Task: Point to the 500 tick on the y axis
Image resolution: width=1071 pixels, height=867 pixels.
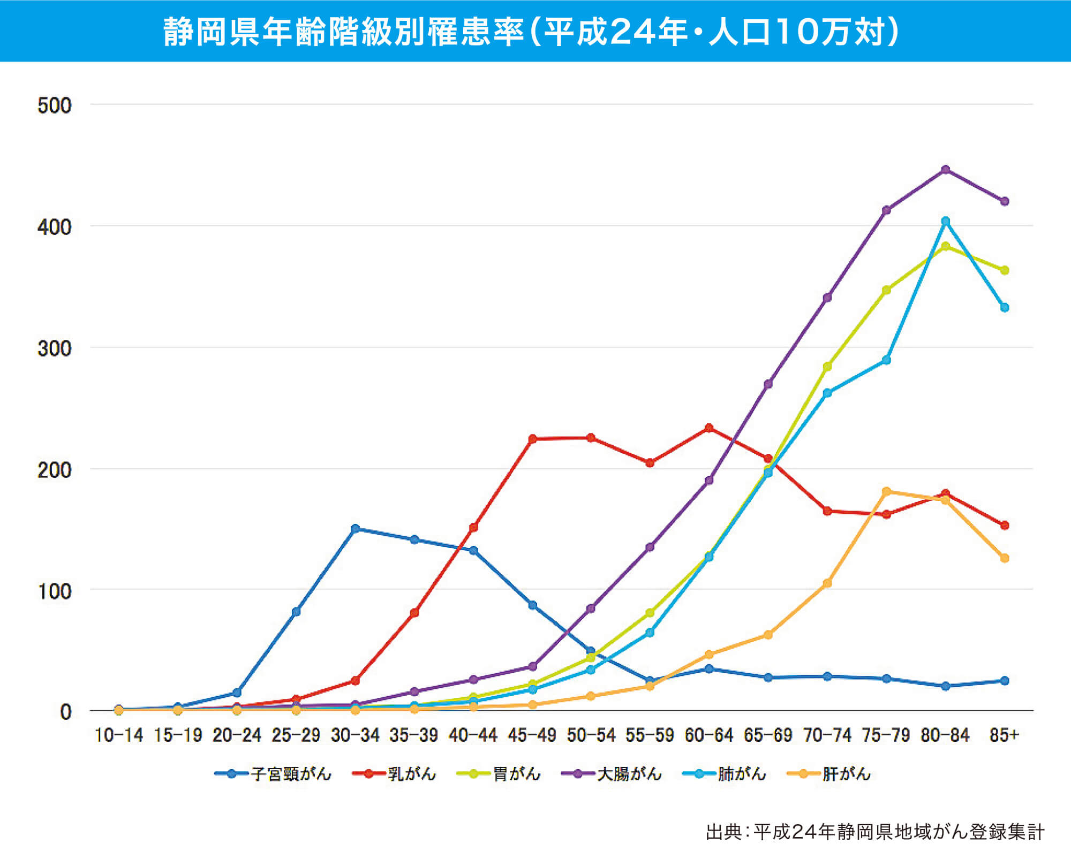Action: (54, 105)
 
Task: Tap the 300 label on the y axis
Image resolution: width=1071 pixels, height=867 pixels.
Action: (54, 348)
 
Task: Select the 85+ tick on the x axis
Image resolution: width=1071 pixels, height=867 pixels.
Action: (1004, 735)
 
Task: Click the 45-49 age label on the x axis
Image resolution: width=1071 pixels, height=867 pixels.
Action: (532, 735)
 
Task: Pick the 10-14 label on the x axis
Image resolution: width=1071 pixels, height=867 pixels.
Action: (119, 735)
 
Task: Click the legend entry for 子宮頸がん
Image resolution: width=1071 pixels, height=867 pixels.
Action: (273, 774)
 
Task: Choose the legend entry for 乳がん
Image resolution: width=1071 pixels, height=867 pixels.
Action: (394, 774)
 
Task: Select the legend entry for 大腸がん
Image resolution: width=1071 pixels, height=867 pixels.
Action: (612, 774)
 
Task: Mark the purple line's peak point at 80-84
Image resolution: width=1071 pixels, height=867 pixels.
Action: (945, 170)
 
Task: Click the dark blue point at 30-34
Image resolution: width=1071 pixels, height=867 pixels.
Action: (355, 529)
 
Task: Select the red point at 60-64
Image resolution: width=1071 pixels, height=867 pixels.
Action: (709, 428)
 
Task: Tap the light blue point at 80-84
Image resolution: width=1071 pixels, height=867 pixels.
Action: (945, 221)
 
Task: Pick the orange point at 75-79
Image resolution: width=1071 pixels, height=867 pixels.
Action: (886, 491)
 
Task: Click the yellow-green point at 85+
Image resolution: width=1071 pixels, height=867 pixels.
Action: (1005, 270)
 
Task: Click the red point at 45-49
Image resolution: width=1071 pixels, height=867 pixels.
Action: (532, 439)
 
